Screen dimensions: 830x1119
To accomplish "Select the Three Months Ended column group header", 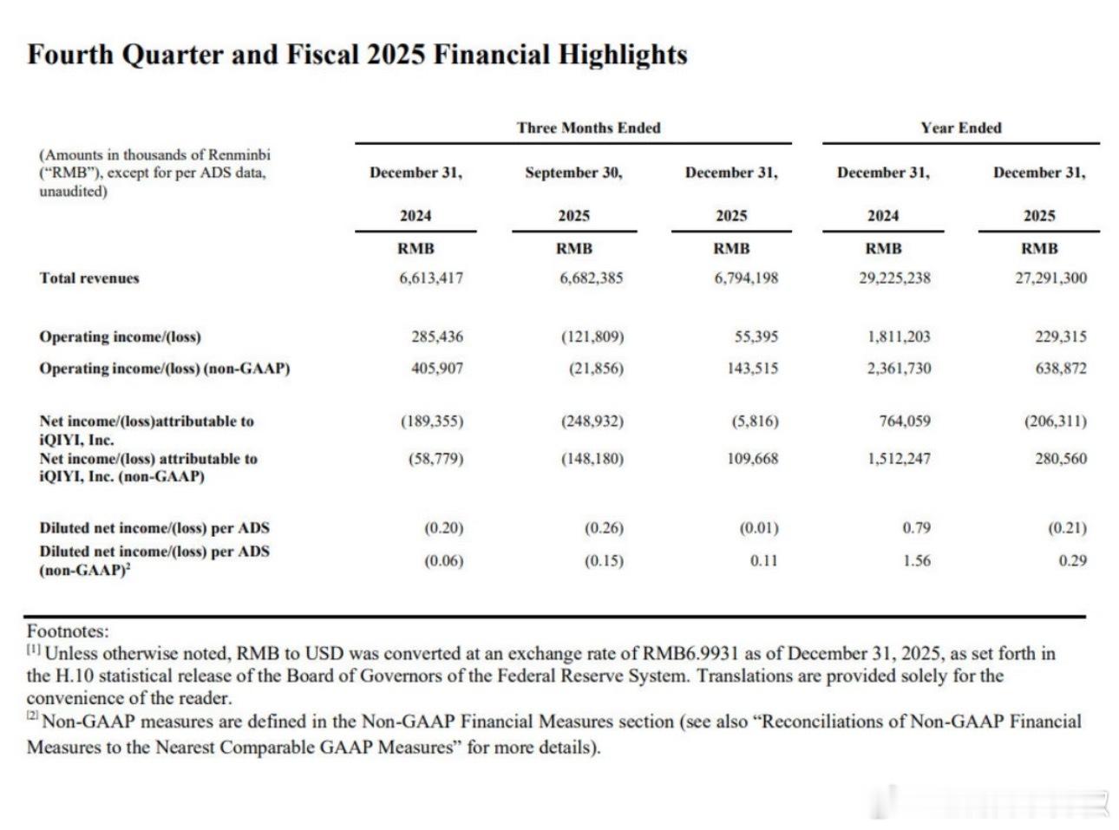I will (x=588, y=128).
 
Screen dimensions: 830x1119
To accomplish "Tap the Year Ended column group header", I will (x=960, y=128).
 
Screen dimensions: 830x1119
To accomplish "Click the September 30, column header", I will (x=573, y=173).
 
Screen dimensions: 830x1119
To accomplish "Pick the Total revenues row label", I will (x=88, y=278).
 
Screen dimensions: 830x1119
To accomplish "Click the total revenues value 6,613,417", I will (x=431, y=278).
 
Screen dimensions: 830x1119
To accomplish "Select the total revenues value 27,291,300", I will (x=1050, y=278).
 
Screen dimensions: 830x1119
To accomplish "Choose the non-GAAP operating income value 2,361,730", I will (x=899, y=369).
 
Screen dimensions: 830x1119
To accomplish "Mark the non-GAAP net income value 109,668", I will (x=753, y=459).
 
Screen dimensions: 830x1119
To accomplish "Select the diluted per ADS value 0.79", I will (x=916, y=528).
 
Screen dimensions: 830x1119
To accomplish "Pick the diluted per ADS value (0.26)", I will (x=604, y=528).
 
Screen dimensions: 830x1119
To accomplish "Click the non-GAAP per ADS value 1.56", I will (x=916, y=561).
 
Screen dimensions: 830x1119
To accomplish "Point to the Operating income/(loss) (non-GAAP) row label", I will (x=164, y=369).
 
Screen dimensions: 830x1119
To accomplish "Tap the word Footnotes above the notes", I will (x=68, y=631).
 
